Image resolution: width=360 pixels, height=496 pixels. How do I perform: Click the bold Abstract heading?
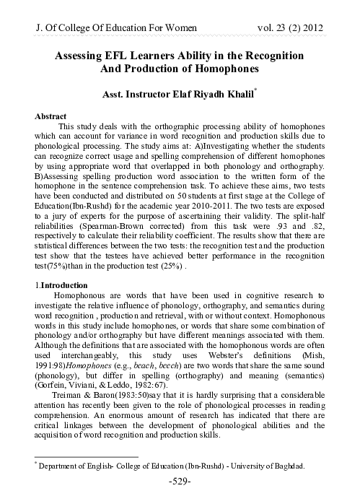click(53, 116)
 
